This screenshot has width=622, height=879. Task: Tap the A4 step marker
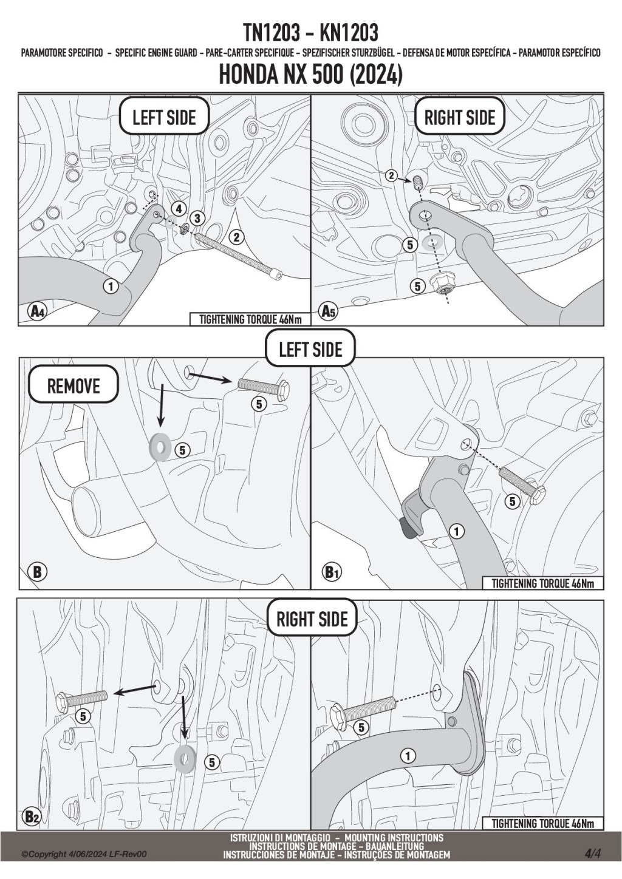pos(37,312)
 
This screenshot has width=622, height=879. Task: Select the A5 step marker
pos(328,312)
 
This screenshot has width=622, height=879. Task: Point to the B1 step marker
pos(330,572)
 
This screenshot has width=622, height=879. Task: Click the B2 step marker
pos(32,817)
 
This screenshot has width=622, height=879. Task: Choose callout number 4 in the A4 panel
pos(178,209)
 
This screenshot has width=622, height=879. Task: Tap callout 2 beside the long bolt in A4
pos(236,237)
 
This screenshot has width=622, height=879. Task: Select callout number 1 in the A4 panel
pos(111,285)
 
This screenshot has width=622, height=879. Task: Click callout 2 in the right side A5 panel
pos(392,176)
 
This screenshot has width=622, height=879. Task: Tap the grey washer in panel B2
pos(185,756)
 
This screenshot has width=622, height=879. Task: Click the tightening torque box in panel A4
pos(250,319)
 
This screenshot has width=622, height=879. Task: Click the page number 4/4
pos(593,854)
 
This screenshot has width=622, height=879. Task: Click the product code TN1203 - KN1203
pos(310,32)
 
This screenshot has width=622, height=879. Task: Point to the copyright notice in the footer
pos(84,854)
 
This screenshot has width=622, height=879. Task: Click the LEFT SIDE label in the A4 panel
pos(164,117)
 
